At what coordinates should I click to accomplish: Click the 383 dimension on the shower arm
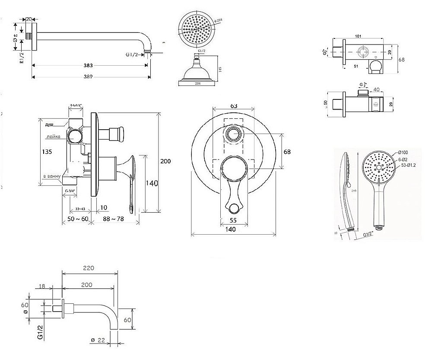coord(89,66)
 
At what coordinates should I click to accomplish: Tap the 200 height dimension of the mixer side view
coord(165,161)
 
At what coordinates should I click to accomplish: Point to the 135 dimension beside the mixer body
coord(48,152)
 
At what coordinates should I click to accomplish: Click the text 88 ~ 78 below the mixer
coord(114,219)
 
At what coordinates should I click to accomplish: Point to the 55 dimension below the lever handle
coord(234,220)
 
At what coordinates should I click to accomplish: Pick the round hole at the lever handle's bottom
coord(234,208)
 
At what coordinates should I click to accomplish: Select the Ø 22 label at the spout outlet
coord(98,341)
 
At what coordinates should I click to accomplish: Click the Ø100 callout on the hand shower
coord(403,153)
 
